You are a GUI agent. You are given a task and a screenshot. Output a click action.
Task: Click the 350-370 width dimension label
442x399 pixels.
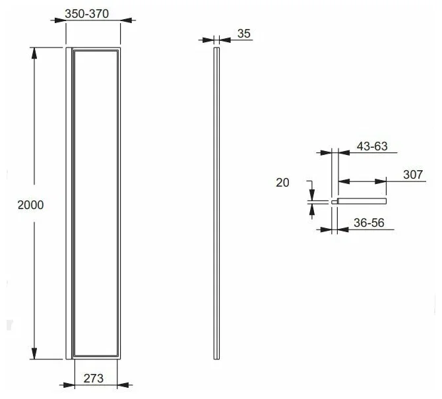(87, 14)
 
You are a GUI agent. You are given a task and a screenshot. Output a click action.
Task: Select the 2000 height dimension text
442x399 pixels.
(31, 205)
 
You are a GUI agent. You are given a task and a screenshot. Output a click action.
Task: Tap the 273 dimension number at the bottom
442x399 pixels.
(94, 379)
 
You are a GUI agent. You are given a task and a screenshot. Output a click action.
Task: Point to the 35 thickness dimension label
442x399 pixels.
(244, 34)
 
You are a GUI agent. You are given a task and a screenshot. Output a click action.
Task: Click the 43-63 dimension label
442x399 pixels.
(372, 146)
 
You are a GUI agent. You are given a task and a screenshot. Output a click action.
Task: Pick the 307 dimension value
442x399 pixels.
(413, 175)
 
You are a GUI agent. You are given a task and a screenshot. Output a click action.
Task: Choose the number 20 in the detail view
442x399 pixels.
(282, 183)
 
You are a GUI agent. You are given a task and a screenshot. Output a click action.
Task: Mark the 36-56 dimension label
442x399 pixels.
(369, 223)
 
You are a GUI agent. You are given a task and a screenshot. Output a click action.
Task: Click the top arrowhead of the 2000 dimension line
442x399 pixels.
(34, 53)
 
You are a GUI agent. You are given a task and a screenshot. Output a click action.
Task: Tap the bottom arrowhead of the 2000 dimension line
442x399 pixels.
(34, 353)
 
